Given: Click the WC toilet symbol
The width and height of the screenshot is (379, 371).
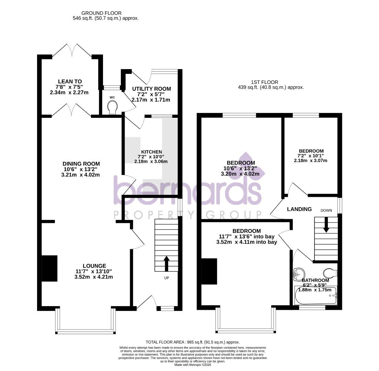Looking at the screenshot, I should coord(112,108).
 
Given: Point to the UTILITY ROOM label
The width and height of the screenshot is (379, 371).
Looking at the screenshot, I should coord(151,89).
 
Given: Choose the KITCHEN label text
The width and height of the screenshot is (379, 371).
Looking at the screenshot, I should coord(151,152).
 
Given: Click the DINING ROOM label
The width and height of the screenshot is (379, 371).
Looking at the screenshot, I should coord(81,164).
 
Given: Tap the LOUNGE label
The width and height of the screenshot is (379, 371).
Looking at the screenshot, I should coord(94,266).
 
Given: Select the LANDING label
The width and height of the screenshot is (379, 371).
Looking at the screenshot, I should coord(299,209).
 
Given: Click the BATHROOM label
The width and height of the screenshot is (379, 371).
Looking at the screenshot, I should coord(315,280).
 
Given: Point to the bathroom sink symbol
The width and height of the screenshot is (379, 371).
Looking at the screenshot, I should coord(299,274).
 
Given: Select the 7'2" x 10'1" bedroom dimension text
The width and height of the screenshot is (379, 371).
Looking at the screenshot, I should coord(311,156).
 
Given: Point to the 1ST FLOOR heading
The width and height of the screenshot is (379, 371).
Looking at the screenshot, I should coord(264,82).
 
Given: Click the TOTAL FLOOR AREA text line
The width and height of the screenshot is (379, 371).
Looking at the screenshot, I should coord(192,342).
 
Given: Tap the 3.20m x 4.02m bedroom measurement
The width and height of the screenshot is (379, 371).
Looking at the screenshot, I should coord(241,174).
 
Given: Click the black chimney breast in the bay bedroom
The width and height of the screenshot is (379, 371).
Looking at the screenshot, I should coord(209,271).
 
